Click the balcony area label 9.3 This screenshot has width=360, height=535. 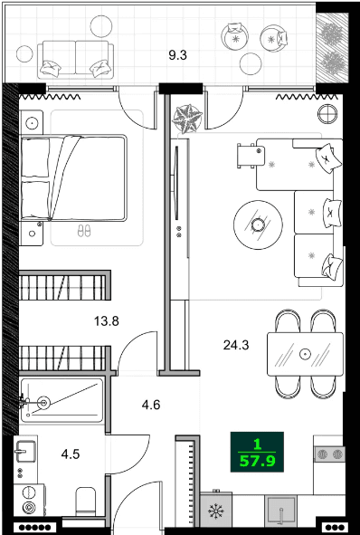coord(177,54)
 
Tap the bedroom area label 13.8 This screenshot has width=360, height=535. coord(108,320)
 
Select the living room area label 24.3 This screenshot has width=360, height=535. coord(237,344)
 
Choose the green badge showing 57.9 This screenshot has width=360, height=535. coord(258,450)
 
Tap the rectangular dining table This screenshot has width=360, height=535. coord(305,353)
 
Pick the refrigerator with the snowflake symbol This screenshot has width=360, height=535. coord(216,511)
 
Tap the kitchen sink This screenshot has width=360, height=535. coord(283,512)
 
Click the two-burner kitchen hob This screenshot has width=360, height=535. coord(329,454)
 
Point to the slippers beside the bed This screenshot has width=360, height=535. coord(83,232)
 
